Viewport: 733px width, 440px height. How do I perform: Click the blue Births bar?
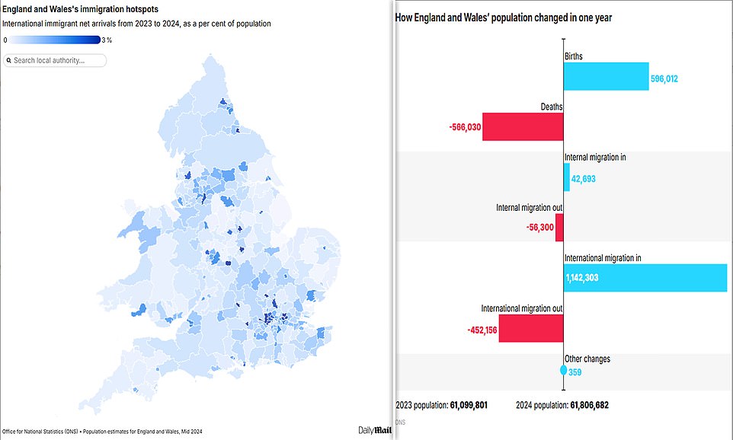click(x=606, y=77)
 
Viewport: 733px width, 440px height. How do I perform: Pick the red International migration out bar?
click(x=530, y=329)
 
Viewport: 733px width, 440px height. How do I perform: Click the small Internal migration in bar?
click(x=566, y=177)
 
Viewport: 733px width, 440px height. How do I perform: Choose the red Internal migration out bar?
click(x=559, y=228)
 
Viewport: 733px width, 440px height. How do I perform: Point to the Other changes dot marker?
click(x=563, y=371)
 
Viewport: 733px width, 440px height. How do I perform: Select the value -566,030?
click(x=465, y=127)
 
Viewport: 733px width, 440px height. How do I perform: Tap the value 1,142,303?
click(x=582, y=278)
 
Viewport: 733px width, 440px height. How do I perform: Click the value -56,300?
click(x=537, y=228)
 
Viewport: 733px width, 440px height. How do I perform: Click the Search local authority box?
click(x=55, y=60)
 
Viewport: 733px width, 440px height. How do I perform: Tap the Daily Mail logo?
click(x=375, y=429)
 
